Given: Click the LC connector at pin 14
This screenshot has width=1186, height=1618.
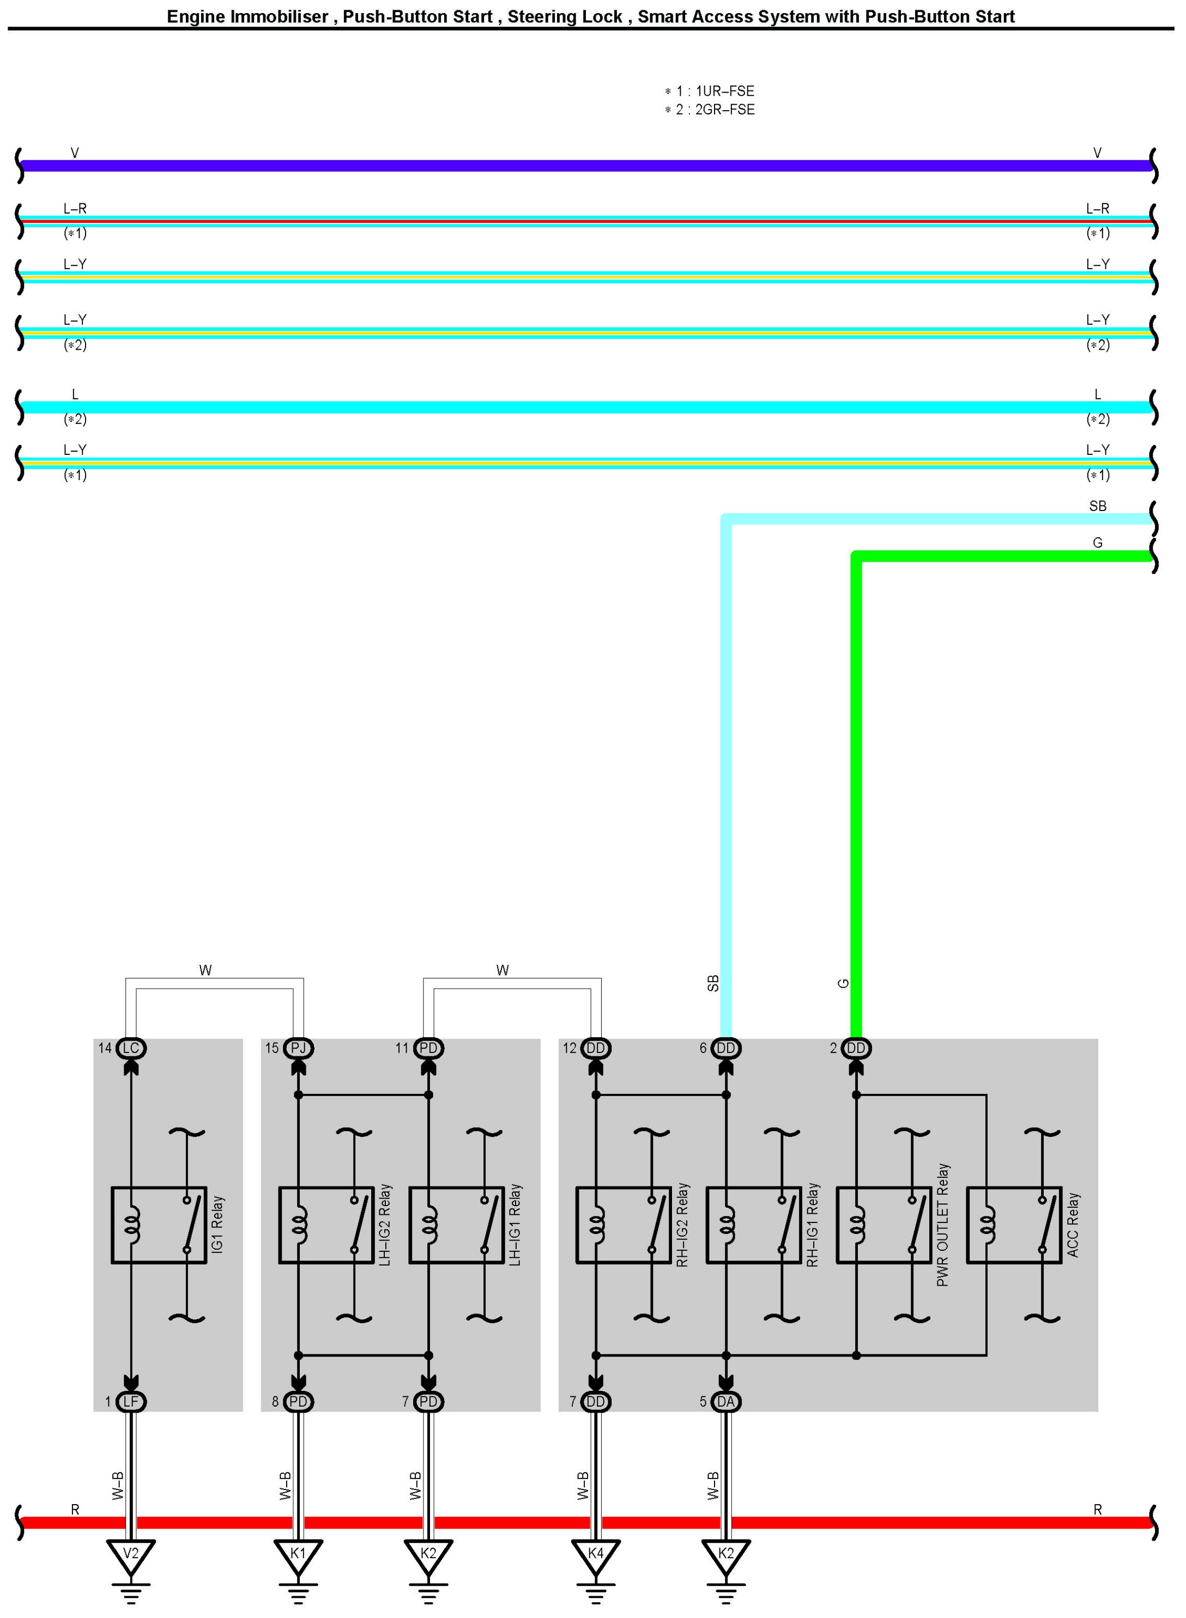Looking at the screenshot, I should [x=131, y=1048].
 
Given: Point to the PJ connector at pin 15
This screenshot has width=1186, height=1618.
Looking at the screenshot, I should [x=298, y=1048].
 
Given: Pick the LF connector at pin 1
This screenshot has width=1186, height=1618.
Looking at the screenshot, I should [x=131, y=1401].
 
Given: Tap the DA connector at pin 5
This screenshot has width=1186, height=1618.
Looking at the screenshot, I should [x=726, y=1401].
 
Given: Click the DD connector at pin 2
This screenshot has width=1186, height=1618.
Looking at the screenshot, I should [x=856, y=1048].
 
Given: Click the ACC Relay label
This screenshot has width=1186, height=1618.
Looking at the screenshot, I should [x=1073, y=1224].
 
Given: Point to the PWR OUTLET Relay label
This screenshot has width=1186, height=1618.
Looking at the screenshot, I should [x=942, y=1224].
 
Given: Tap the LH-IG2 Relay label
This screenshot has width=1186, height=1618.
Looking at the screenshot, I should [x=385, y=1224].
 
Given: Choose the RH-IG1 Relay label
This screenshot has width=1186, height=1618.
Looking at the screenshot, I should [x=813, y=1224].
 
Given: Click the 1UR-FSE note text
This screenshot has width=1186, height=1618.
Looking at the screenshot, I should [x=724, y=91].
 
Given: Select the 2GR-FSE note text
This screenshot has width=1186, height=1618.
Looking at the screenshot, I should [x=724, y=110].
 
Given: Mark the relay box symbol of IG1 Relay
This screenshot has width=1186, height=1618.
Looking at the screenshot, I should [x=159, y=1224].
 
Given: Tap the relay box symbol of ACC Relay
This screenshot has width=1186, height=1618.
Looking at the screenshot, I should [x=1014, y=1224].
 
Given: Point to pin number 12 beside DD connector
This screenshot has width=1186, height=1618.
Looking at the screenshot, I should [x=570, y=1048].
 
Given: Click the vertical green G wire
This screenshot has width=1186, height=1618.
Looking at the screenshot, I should [x=856, y=789].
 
